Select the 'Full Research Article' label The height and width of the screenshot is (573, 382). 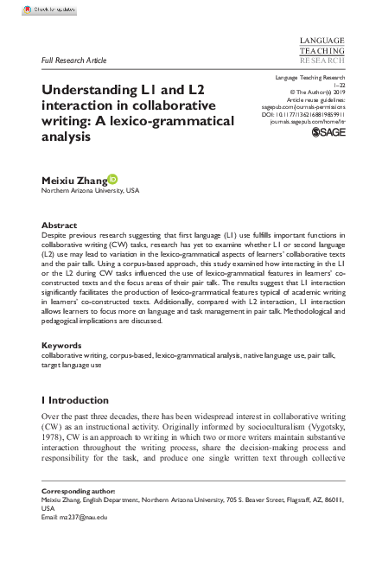[73, 61]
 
